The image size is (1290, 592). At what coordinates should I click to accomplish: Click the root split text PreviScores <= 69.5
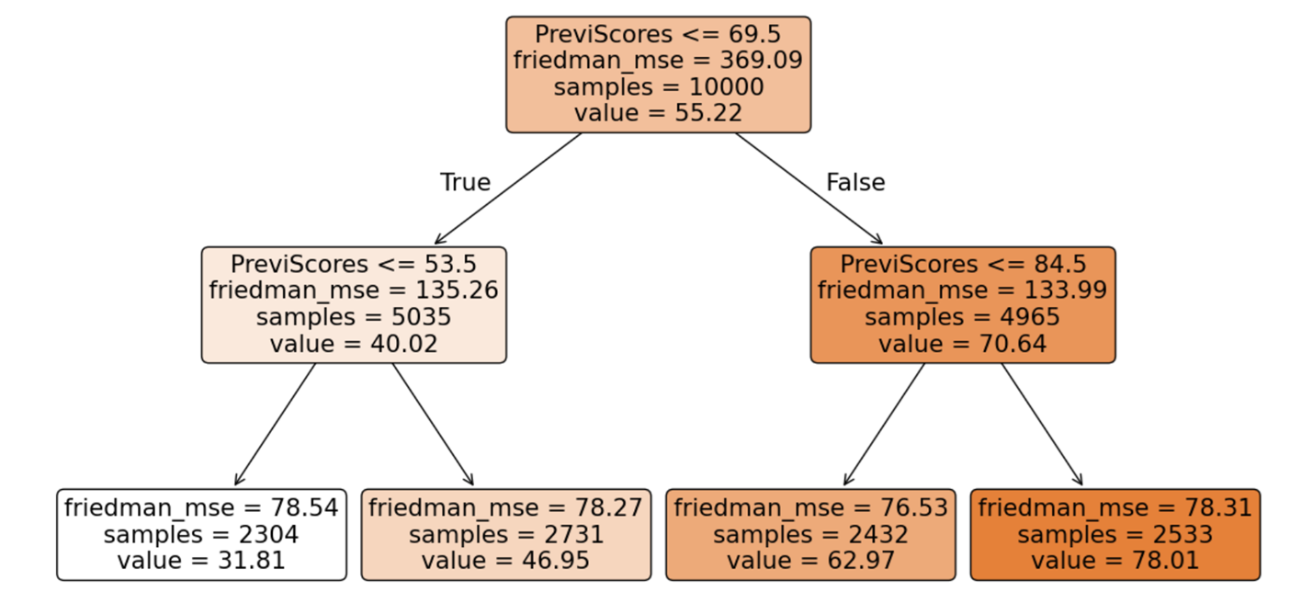(x=658, y=34)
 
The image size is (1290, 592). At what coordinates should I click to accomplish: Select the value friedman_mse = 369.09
(x=658, y=61)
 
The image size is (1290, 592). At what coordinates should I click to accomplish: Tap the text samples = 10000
(x=658, y=87)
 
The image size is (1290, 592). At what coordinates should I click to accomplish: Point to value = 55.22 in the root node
(x=658, y=113)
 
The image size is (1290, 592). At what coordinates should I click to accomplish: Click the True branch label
(x=465, y=182)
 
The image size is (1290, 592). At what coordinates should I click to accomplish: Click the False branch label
(x=855, y=182)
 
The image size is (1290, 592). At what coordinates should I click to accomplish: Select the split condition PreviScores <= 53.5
(x=354, y=265)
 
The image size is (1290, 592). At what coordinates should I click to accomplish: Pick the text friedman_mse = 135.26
(x=354, y=291)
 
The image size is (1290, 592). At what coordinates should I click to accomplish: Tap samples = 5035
(x=354, y=318)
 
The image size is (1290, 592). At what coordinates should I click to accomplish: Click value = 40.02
(x=354, y=344)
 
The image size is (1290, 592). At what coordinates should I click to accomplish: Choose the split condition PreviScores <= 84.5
(x=962, y=265)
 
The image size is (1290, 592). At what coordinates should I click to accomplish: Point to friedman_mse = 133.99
(x=962, y=291)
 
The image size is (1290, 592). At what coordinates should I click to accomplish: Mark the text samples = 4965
(x=962, y=318)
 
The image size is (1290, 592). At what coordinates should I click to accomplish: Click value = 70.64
(x=962, y=344)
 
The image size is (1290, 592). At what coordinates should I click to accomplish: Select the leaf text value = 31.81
(x=201, y=560)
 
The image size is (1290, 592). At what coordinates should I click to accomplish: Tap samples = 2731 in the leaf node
(x=506, y=534)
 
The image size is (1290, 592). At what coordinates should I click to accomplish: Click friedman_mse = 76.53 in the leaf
(x=810, y=507)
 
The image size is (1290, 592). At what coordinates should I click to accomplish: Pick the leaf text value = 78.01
(x=1115, y=560)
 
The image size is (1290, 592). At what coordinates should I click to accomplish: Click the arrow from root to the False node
(x=809, y=188)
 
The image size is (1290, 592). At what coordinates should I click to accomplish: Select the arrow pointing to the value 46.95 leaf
(x=433, y=424)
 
